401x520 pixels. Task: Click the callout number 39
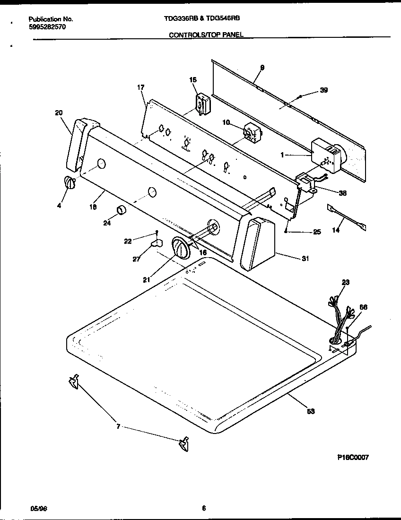click(323, 90)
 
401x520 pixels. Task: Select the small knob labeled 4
click(69, 182)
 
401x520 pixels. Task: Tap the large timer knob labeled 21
click(180, 248)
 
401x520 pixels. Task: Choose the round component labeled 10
click(251, 133)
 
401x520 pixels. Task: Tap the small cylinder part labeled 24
click(121, 210)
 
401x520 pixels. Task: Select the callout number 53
click(311, 411)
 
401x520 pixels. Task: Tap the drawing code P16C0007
click(353, 457)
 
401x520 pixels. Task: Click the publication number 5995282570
click(47, 27)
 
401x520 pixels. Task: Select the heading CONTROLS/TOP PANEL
click(206, 35)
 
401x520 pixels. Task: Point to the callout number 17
click(140, 87)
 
